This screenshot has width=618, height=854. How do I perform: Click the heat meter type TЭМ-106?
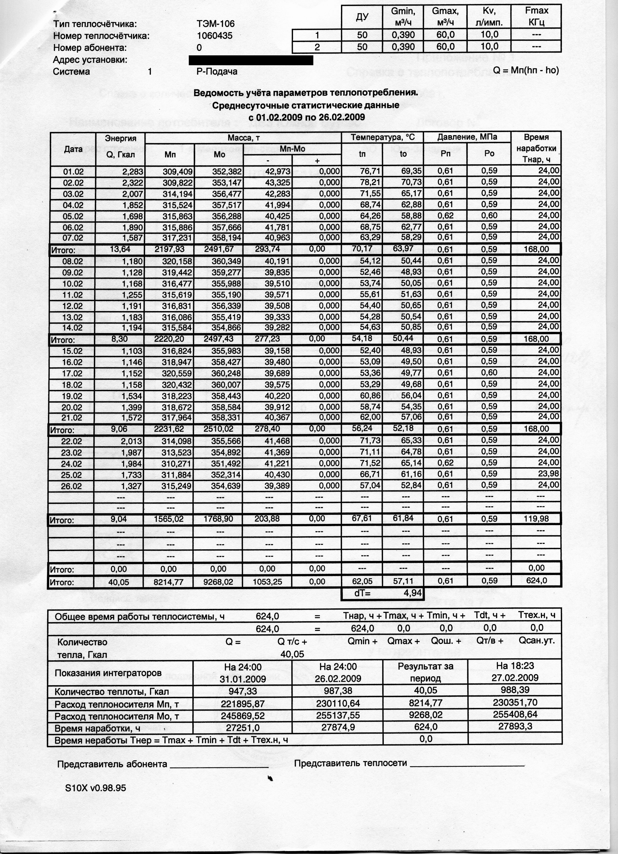click(x=215, y=24)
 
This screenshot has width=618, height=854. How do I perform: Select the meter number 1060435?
click(x=215, y=36)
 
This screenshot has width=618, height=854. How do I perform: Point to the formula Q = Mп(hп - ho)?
click(x=526, y=70)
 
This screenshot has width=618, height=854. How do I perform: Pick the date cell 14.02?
click(x=73, y=328)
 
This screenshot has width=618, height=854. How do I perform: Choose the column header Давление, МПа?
click(x=467, y=137)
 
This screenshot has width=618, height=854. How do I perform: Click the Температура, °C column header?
click(x=382, y=137)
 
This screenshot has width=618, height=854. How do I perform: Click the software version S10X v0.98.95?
click(x=96, y=788)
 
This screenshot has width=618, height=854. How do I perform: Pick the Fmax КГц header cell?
click(x=536, y=16)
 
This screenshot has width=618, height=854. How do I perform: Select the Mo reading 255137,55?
click(x=338, y=715)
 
